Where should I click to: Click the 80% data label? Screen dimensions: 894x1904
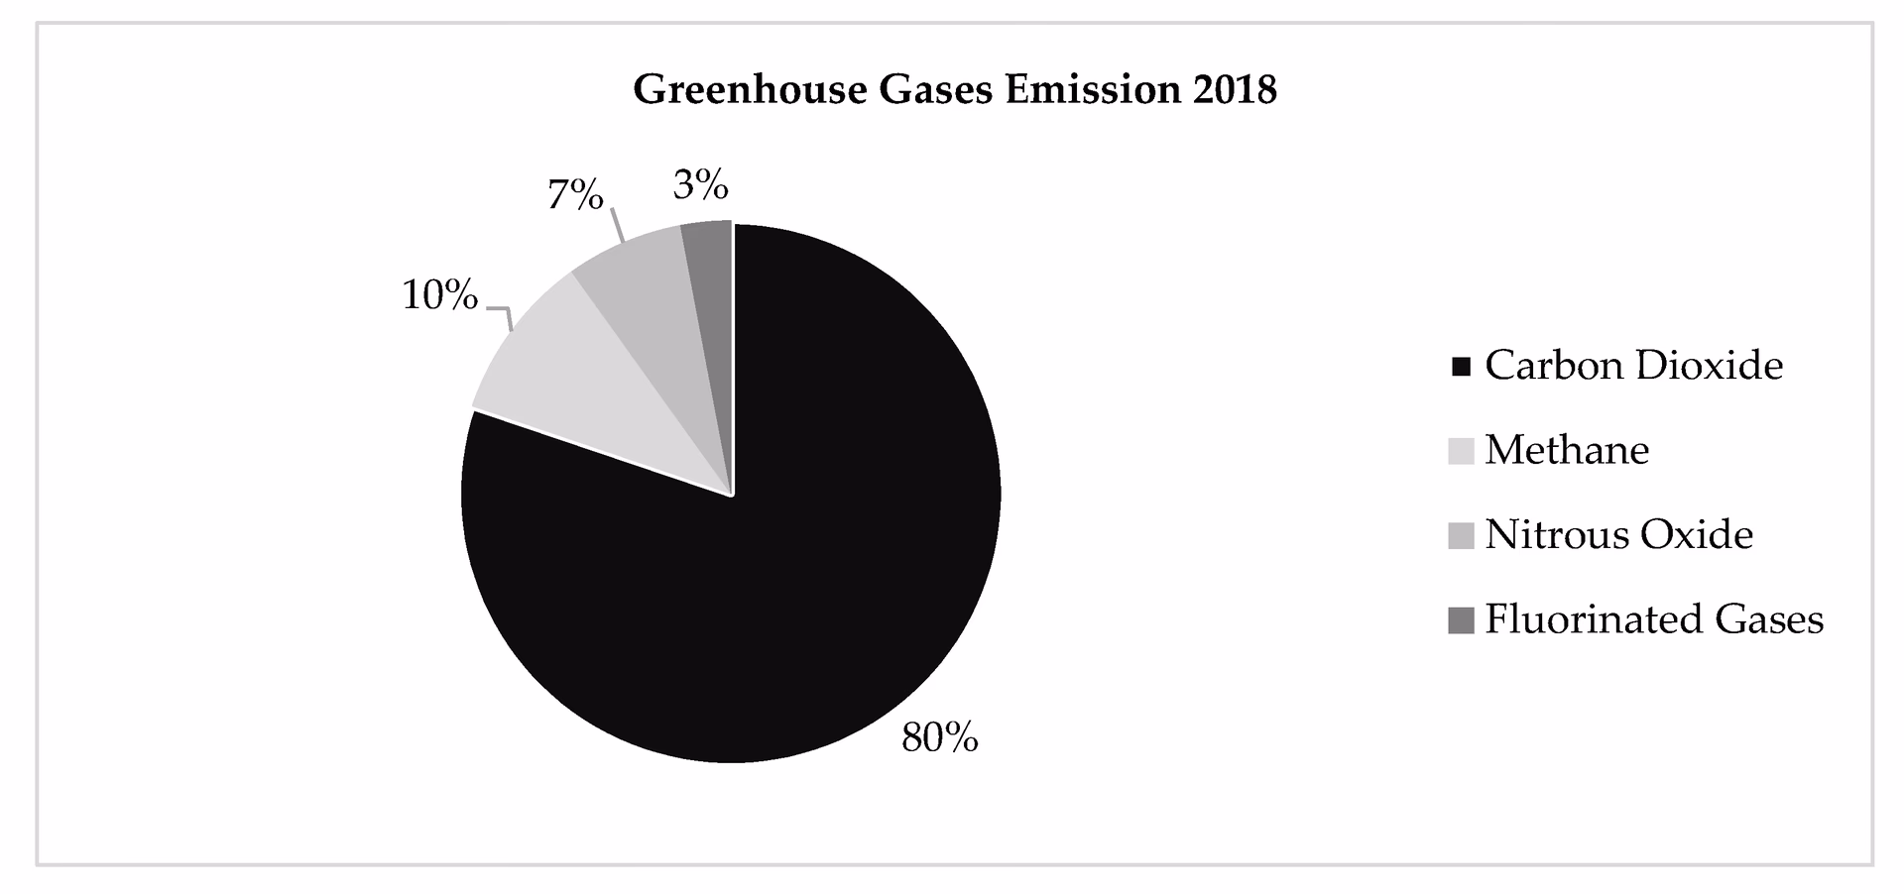[x=939, y=737]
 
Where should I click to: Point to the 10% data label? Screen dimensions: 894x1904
[x=439, y=295]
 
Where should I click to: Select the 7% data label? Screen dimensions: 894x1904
[x=575, y=195]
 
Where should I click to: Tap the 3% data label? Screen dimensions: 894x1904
[x=700, y=185]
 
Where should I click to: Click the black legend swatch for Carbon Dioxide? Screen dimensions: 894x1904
[x=1461, y=368]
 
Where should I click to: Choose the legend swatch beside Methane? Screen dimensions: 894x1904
[x=1461, y=452]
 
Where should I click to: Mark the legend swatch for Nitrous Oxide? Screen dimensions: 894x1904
[x=1461, y=536]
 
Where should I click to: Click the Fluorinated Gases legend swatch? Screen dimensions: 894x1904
[x=1461, y=620]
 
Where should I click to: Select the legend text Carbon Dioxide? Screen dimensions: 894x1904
[x=1633, y=366]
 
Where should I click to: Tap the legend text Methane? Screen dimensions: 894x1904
[x=1567, y=450]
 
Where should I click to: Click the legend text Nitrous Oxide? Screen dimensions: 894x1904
[x=1618, y=535]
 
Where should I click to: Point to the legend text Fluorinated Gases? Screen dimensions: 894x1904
[x=1654, y=619]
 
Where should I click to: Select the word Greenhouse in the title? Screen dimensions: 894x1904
[x=750, y=90]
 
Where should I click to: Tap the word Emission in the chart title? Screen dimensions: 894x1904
[x=1092, y=90]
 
